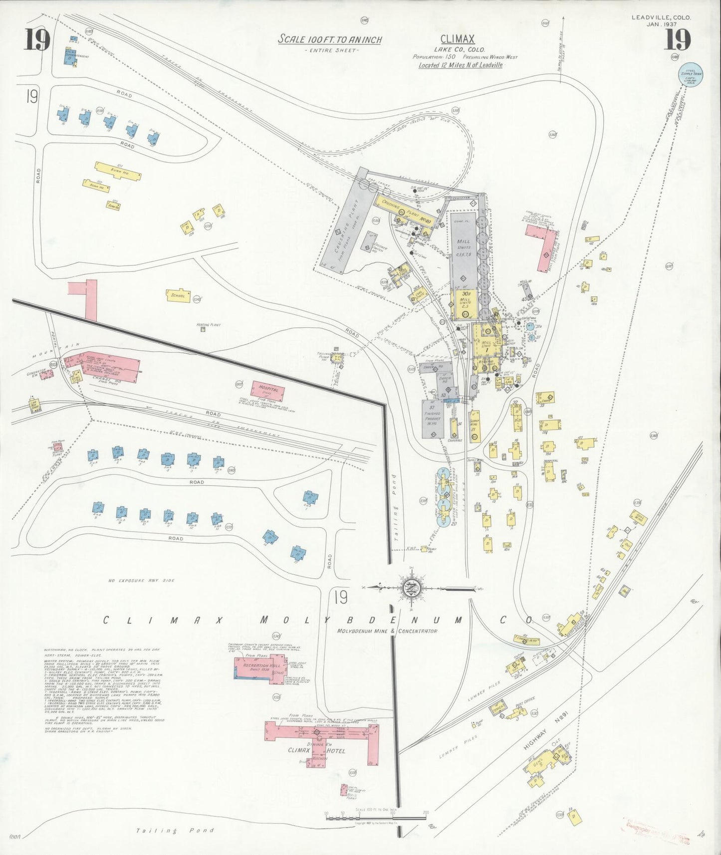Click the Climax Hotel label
(316, 750)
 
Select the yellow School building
(178, 295)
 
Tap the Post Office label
(525, 700)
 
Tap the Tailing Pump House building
(337, 358)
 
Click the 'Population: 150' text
(434, 57)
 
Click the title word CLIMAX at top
(457, 39)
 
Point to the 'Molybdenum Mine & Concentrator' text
(387, 631)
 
